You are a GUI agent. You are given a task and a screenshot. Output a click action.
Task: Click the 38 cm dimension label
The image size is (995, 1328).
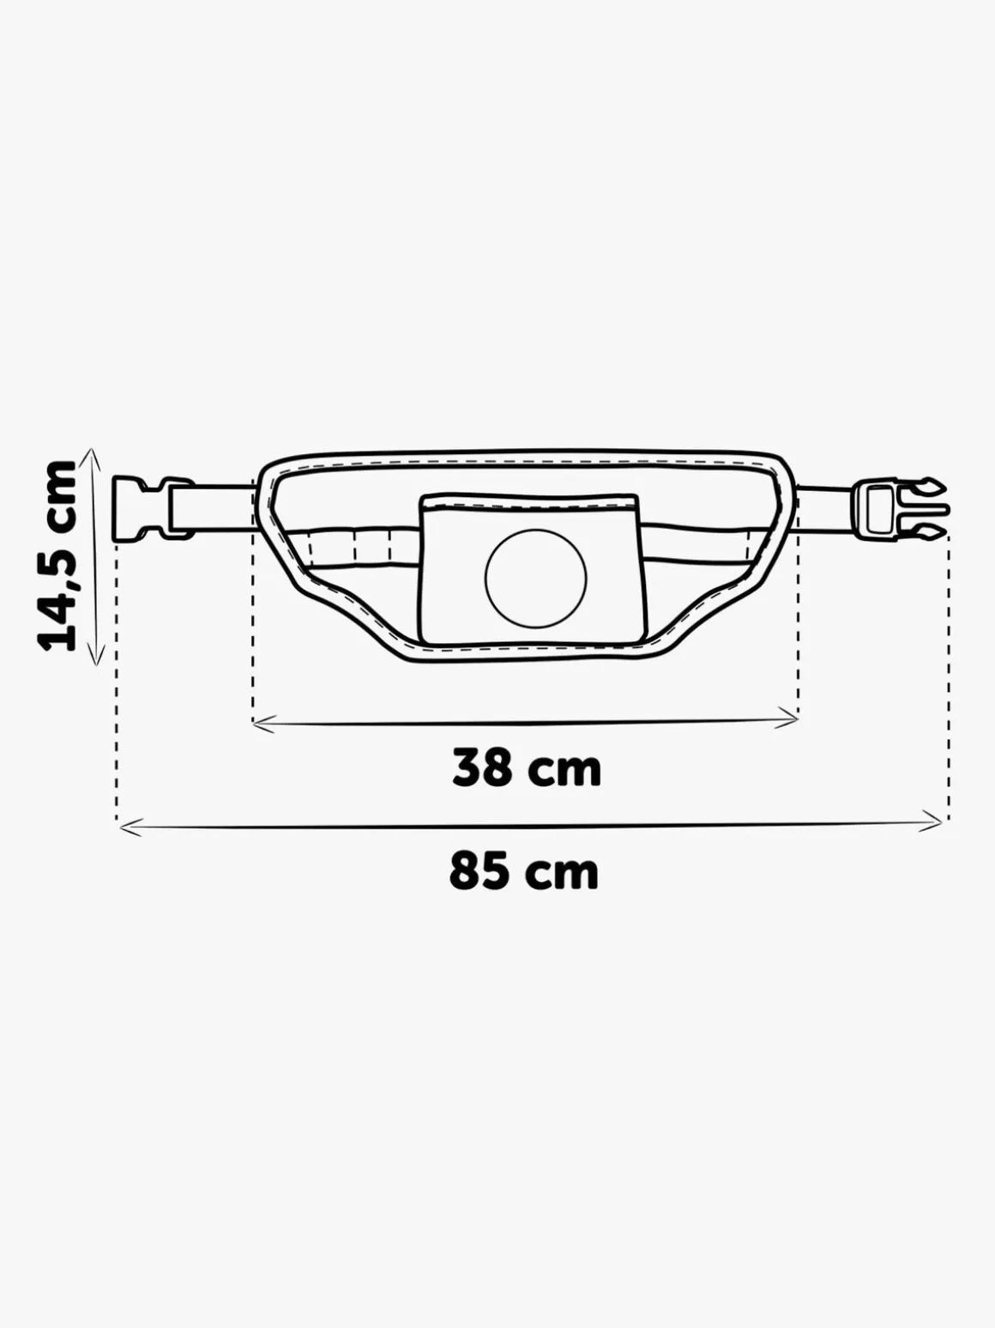tap(527, 767)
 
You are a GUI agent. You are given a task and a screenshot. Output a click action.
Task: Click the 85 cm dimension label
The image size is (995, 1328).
tap(524, 871)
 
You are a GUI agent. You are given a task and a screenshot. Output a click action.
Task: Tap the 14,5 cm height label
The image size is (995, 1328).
tap(58, 555)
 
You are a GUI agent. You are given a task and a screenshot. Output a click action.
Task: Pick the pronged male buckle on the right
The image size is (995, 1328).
tap(902, 507)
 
